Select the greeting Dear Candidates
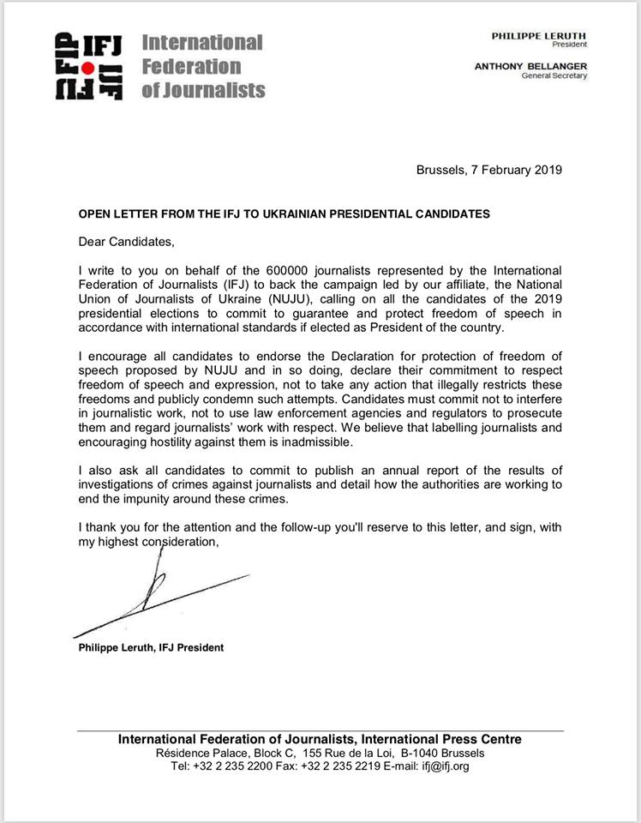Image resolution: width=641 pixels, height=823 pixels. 120,243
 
